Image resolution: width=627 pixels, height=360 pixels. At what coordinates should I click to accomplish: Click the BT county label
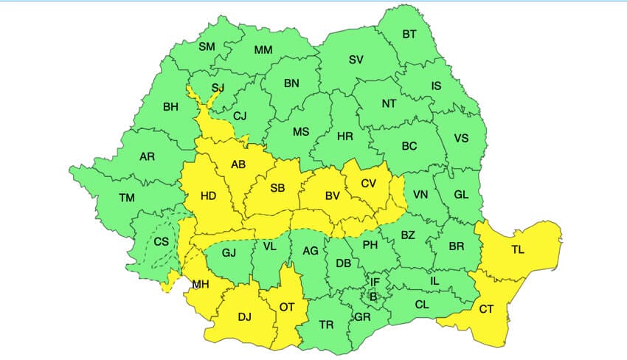pos(409,34)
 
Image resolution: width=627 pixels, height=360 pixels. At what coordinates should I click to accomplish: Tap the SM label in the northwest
pos(207,47)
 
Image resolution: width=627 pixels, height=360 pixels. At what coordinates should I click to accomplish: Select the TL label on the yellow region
pos(518,250)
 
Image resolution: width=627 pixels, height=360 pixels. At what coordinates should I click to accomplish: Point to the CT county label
pos(486,309)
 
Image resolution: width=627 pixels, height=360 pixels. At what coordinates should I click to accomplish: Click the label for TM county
pos(127,198)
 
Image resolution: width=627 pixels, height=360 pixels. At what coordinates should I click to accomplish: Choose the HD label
pos(209,195)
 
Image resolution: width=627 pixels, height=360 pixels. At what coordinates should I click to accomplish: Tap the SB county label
pos(277,187)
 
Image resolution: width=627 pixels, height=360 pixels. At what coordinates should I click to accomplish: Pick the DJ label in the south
pos(245,317)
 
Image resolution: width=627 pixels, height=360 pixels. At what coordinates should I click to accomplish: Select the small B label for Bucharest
pos(373,297)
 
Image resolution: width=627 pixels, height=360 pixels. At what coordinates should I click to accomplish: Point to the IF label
pos(375,282)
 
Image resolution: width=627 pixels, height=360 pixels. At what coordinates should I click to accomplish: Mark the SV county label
pos(356,59)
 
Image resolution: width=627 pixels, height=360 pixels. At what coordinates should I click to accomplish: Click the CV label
pos(369,183)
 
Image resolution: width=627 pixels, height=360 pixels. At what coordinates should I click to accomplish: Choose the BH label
pos(170,107)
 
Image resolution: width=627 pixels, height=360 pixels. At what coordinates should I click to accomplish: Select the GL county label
pos(461,195)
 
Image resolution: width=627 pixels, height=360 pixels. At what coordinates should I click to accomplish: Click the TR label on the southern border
pos(327,324)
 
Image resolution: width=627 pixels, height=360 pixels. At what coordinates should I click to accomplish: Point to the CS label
pos(162,241)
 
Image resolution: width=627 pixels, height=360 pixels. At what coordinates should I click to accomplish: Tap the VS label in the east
pos(462,138)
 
